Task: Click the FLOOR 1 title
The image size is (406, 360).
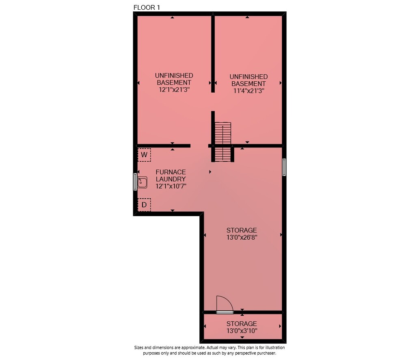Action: [147, 7]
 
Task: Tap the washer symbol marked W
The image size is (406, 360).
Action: [144, 155]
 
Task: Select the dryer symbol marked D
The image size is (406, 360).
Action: [144, 205]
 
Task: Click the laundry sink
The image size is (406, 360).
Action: [142, 182]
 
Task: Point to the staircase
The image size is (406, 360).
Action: [222, 141]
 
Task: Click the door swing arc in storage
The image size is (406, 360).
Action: [228, 300]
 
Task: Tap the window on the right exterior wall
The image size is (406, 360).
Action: [284, 167]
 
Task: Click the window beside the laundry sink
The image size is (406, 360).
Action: [135, 182]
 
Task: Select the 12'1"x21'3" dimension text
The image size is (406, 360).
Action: [174, 90]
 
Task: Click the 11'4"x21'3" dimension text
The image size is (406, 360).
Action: [248, 91]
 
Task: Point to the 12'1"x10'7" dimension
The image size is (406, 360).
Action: [171, 186]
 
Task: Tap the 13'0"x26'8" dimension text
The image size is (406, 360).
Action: [242, 237]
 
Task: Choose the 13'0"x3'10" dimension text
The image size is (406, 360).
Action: [242, 331]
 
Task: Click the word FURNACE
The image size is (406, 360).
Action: [171, 172]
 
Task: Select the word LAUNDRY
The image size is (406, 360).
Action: [171, 179]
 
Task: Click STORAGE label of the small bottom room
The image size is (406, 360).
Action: [242, 324]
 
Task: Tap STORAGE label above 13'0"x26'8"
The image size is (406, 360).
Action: [242, 230]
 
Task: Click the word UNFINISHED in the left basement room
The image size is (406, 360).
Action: [174, 76]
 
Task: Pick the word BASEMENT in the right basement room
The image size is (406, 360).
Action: [248, 84]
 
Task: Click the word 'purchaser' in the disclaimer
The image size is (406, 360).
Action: [266, 353]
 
